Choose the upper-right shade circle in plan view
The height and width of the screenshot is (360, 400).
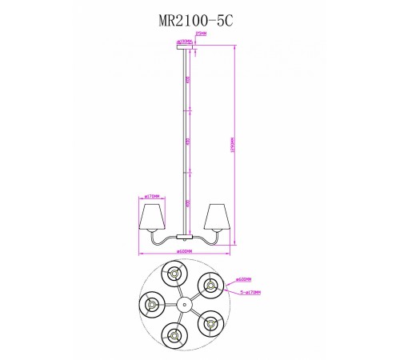tap(210, 284)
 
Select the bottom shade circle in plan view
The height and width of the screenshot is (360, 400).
tap(174, 334)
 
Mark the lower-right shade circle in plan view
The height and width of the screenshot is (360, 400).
tap(210, 322)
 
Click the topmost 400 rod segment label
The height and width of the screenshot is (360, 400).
tap(187, 81)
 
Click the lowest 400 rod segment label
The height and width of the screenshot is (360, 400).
tap(187, 203)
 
